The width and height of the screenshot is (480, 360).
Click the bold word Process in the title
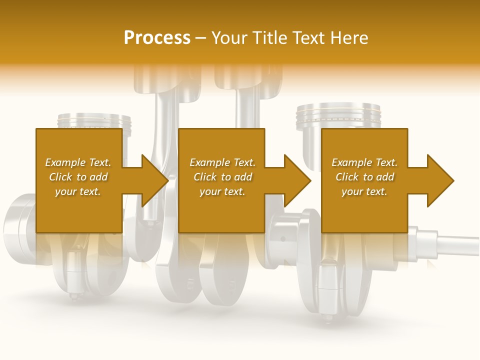pos(157,38)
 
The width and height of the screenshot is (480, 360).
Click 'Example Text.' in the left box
pos(78,162)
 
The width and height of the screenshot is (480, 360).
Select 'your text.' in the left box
pos(78,191)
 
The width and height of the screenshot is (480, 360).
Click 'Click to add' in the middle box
pos(222,177)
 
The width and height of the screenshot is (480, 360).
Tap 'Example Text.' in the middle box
pos(222,162)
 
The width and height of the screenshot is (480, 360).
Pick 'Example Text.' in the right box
pos(364,162)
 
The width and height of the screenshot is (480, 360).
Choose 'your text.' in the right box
pos(364,191)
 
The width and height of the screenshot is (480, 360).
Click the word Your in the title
pos(229,38)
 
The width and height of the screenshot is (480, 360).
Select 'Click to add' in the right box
pos(364,177)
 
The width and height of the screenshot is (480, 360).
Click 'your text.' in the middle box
pos(222,191)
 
